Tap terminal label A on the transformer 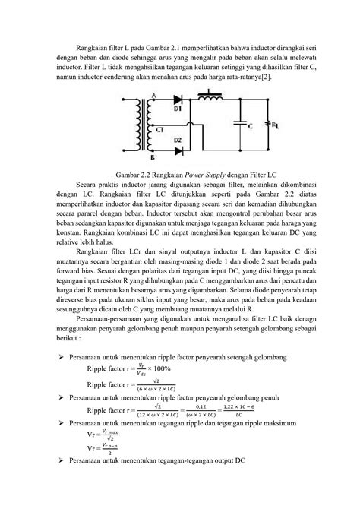[x=153, y=95]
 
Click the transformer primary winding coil [x=131, y=124]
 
